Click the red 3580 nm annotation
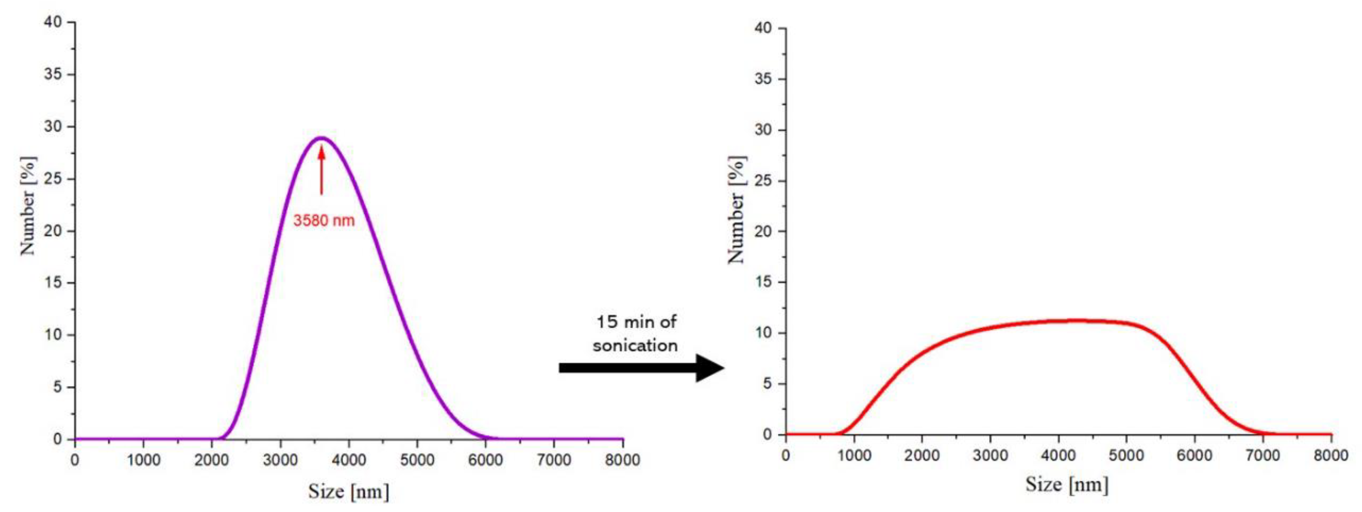point(323,220)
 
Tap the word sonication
point(635,345)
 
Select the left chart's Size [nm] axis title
point(348,491)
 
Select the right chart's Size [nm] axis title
point(1066,484)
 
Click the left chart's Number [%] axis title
point(28,205)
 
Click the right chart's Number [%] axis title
point(737,210)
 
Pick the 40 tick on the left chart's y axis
point(53,22)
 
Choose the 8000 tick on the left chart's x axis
point(623,460)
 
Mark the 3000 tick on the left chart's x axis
point(280,460)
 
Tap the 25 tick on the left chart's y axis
point(53,179)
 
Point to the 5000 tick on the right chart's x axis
point(1126,455)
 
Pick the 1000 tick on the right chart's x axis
point(854,455)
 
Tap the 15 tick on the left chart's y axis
point(53,283)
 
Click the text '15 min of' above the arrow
point(636,322)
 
